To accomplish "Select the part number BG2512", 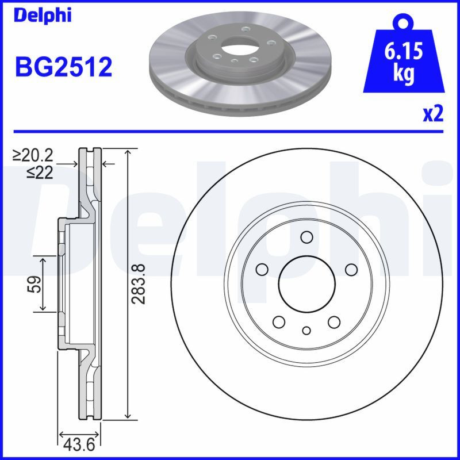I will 63,67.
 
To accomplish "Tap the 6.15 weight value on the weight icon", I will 403,53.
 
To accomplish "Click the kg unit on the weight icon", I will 403,75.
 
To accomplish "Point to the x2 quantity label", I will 433,114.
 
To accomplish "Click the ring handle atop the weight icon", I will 403,23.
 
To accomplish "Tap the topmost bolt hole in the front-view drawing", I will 306,237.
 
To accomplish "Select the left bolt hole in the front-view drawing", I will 262,269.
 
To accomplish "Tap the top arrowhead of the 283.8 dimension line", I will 128,151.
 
